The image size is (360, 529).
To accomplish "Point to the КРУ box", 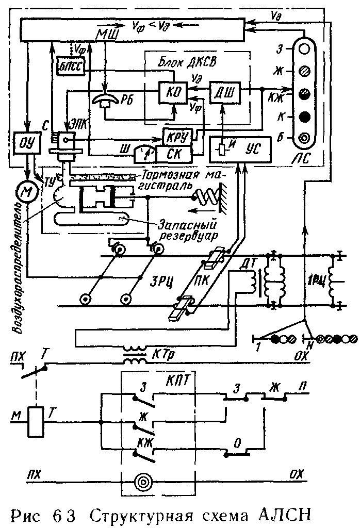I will (177, 137).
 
